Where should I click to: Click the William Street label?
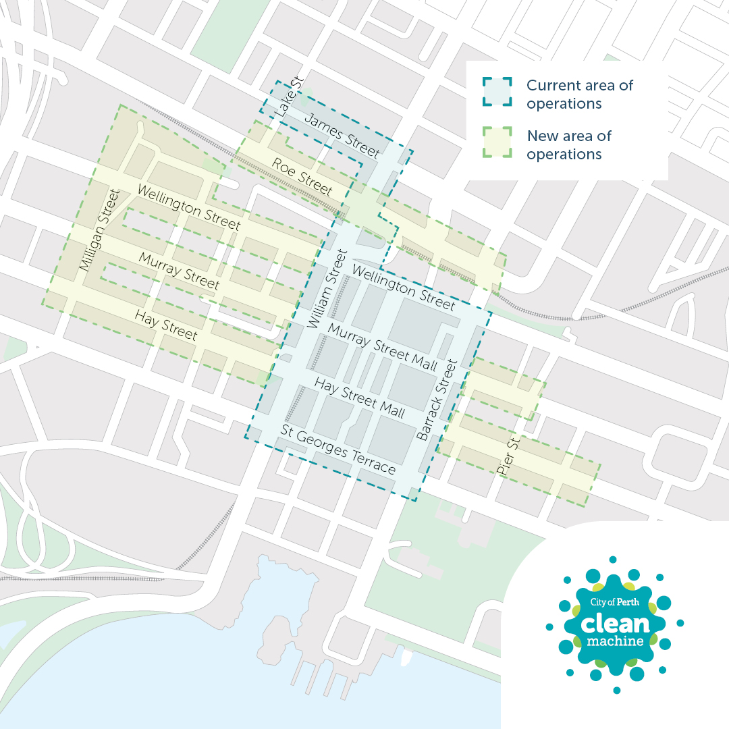[x=327, y=289]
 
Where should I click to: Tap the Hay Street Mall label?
[x=360, y=398]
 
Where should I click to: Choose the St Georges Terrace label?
[x=338, y=450]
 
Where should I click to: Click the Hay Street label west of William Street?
[x=166, y=325]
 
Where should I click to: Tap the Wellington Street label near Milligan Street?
[x=188, y=206]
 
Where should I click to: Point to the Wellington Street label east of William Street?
[x=403, y=288]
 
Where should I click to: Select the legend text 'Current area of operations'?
[x=580, y=94]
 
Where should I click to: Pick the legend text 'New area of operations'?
[x=569, y=144]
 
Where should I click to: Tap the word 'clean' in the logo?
[x=614, y=622]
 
